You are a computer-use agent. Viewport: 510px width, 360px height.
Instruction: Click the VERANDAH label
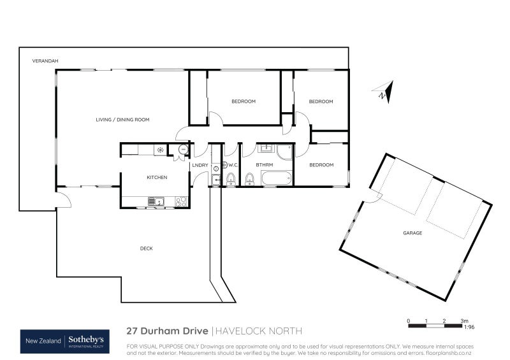(x=45, y=61)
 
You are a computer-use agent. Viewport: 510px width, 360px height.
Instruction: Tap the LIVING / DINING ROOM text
(x=122, y=120)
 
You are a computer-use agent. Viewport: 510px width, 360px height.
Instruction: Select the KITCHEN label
(x=157, y=178)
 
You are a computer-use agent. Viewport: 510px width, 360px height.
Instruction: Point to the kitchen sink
(x=156, y=202)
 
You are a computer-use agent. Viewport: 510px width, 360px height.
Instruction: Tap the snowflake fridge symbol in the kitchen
(x=161, y=150)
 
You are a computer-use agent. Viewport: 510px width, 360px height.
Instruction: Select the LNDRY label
(x=200, y=166)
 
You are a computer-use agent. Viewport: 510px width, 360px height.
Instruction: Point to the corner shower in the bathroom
(x=284, y=152)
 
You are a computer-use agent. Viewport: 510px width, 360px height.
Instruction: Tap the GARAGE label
(x=412, y=233)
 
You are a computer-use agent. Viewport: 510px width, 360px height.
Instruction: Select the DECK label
(x=147, y=248)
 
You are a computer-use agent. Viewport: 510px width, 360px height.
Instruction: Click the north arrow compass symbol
(x=384, y=92)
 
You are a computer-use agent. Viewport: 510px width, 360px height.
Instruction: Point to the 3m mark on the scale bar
(x=465, y=320)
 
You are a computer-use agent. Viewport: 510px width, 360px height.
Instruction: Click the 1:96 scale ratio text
(x=469, y=328)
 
